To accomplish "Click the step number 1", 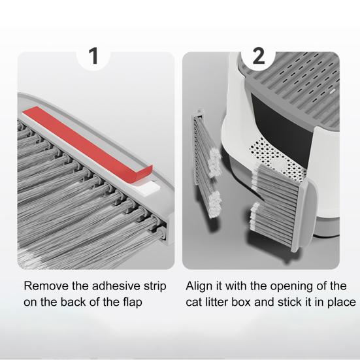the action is pos(93,56).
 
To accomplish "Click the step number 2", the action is pos(259,56).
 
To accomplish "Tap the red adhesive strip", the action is pos(88,144).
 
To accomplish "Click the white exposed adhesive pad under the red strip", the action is pos(149,187).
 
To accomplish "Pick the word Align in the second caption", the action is pos(199,287).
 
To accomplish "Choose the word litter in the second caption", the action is pos(217,302).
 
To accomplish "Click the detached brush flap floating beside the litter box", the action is pos(206,163).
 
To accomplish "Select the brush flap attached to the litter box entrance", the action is pos(281,206).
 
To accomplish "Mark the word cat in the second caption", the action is pos(194,303).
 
